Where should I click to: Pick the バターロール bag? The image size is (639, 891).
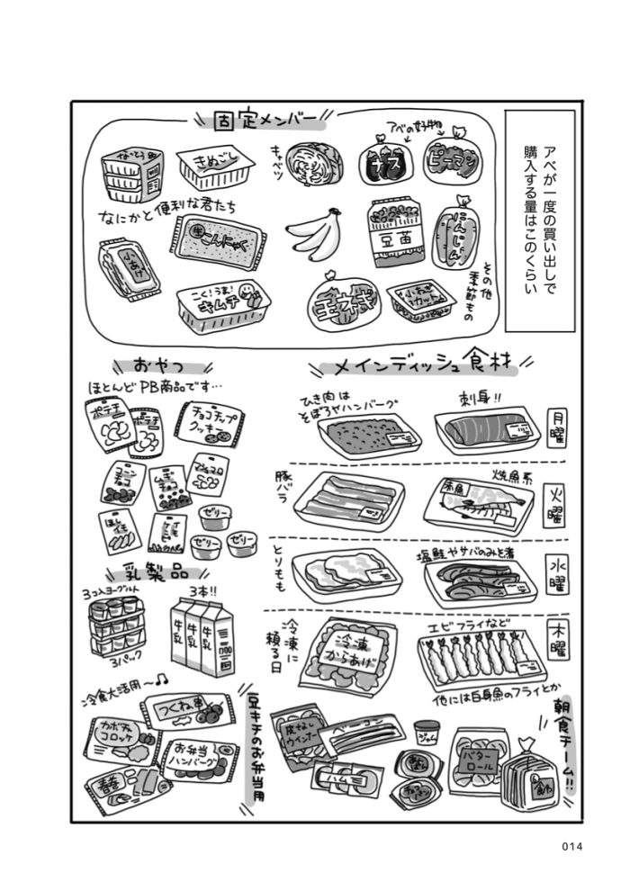tap(477, 760)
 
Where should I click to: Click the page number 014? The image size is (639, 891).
tap(571, 846)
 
